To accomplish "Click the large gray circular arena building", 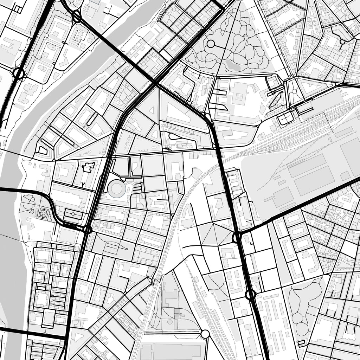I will (x=117, y=189).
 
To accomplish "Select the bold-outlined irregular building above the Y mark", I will (x=88, y=167).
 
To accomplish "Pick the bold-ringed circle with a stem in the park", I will (x=211, y=44).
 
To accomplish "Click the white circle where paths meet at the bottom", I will (x=205, y=334).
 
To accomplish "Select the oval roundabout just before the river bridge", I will (x=76, y=16).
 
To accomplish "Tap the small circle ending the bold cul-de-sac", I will (x=342, y=42).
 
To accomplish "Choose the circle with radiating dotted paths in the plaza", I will (x=294, y=91).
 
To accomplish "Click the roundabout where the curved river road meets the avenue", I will (x=87, y=230).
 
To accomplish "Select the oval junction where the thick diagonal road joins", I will (x=236, y=237).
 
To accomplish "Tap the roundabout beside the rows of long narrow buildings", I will (x=250, y=294).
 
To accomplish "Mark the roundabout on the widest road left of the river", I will (x=18, y=74).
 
